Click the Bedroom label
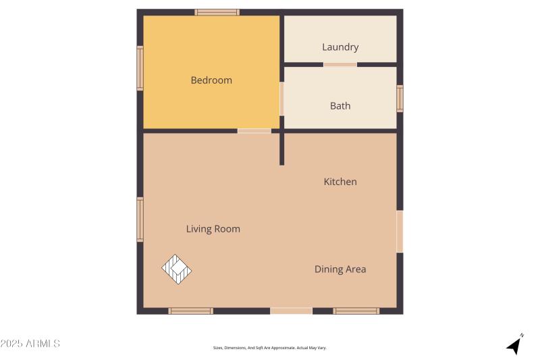coord(211,80)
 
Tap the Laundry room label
coord(340,47)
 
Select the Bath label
coord(340,106)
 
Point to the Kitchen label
coord(340,182)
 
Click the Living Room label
coord(213,229)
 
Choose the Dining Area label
coord(340,269)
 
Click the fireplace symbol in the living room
coord(177,269)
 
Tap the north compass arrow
coord(516,344)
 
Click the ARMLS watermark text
coord(30,344)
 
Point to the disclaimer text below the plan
coord(270,348)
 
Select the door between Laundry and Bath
coord(340,65)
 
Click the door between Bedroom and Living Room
coord(254,130)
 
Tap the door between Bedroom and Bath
coord(281,99)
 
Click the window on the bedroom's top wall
coord(217,12)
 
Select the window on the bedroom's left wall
coord(140,68)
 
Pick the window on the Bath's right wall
coord(400,99)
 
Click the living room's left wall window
coord(140,219)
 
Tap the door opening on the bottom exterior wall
coord(292,311)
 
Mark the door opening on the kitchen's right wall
coord(400,231)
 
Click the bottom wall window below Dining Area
coord(356,311)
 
